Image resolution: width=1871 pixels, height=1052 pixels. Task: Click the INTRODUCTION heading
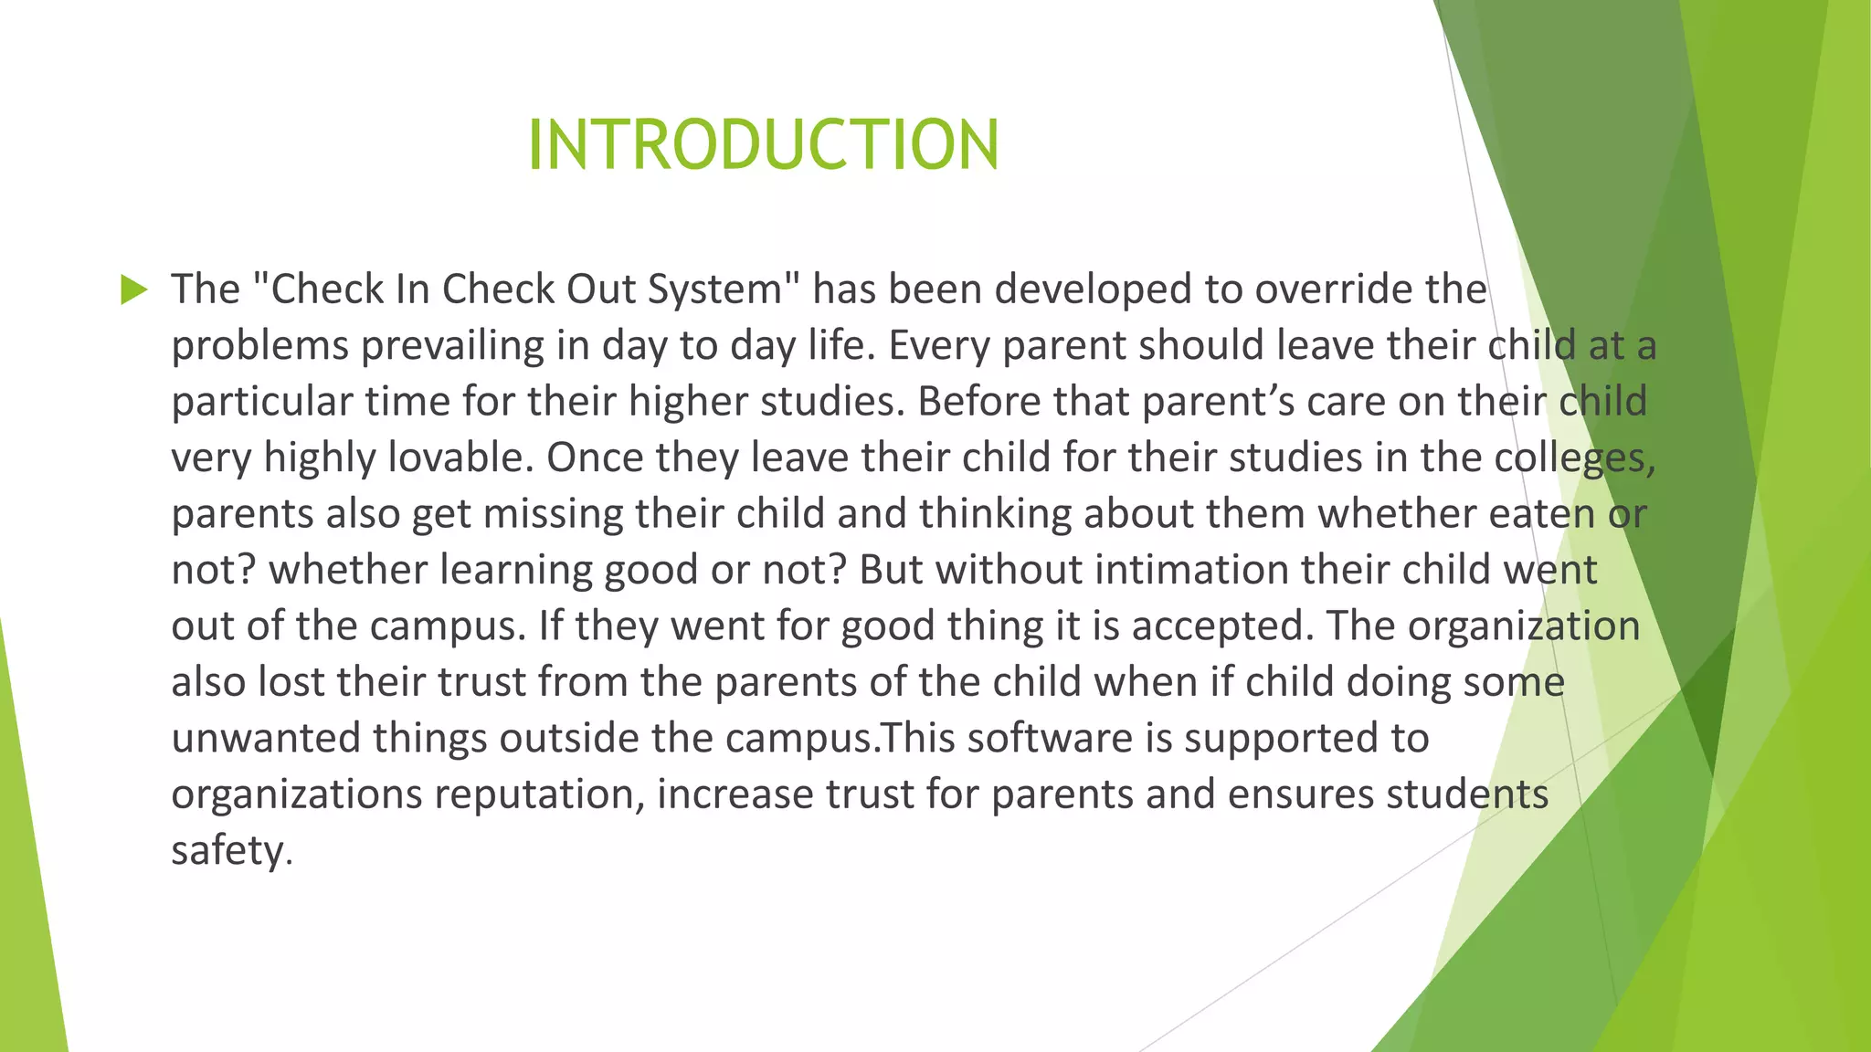click(x=764, y=145)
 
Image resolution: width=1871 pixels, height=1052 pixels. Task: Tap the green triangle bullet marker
click(x=133, y=290)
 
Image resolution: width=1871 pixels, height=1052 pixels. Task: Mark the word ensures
click(x=1300, y=794)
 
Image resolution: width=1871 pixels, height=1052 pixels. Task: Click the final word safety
click(x=231, y=851)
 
